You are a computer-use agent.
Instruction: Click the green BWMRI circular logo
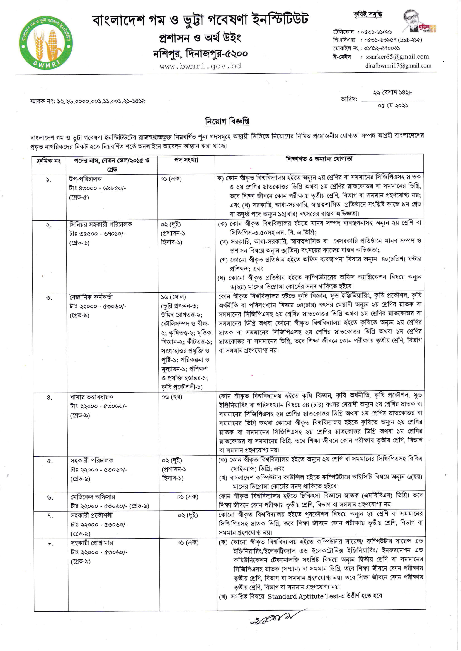(x=46, y=43)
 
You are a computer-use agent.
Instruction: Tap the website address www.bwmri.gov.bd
(x=200, y=67)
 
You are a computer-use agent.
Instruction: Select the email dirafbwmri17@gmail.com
(x=398, y=66)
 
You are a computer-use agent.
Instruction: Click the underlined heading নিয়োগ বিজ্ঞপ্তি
(x=227, y=121)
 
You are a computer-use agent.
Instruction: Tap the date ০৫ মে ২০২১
(x=393, y=106)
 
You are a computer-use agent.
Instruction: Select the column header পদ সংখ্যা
(x=186, y=160)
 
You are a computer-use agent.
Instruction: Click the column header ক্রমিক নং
(x=49, y=161)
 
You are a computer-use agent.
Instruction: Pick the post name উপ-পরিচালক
(x=86, y=179)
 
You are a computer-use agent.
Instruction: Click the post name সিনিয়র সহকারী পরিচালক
(x=101, y=224)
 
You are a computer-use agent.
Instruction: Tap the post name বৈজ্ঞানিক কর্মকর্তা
(x=91, y=297)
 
